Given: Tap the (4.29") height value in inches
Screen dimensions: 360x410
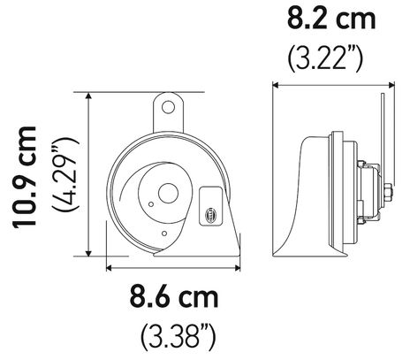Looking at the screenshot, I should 65,177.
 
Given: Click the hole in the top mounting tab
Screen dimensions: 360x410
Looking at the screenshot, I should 168,109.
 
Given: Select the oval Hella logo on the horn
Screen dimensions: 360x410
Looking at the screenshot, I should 209,212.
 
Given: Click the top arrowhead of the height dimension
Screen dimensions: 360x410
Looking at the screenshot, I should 88,96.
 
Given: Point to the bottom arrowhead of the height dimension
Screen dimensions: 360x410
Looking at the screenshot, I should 88,257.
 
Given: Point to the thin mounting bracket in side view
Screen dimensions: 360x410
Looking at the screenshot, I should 379,133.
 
